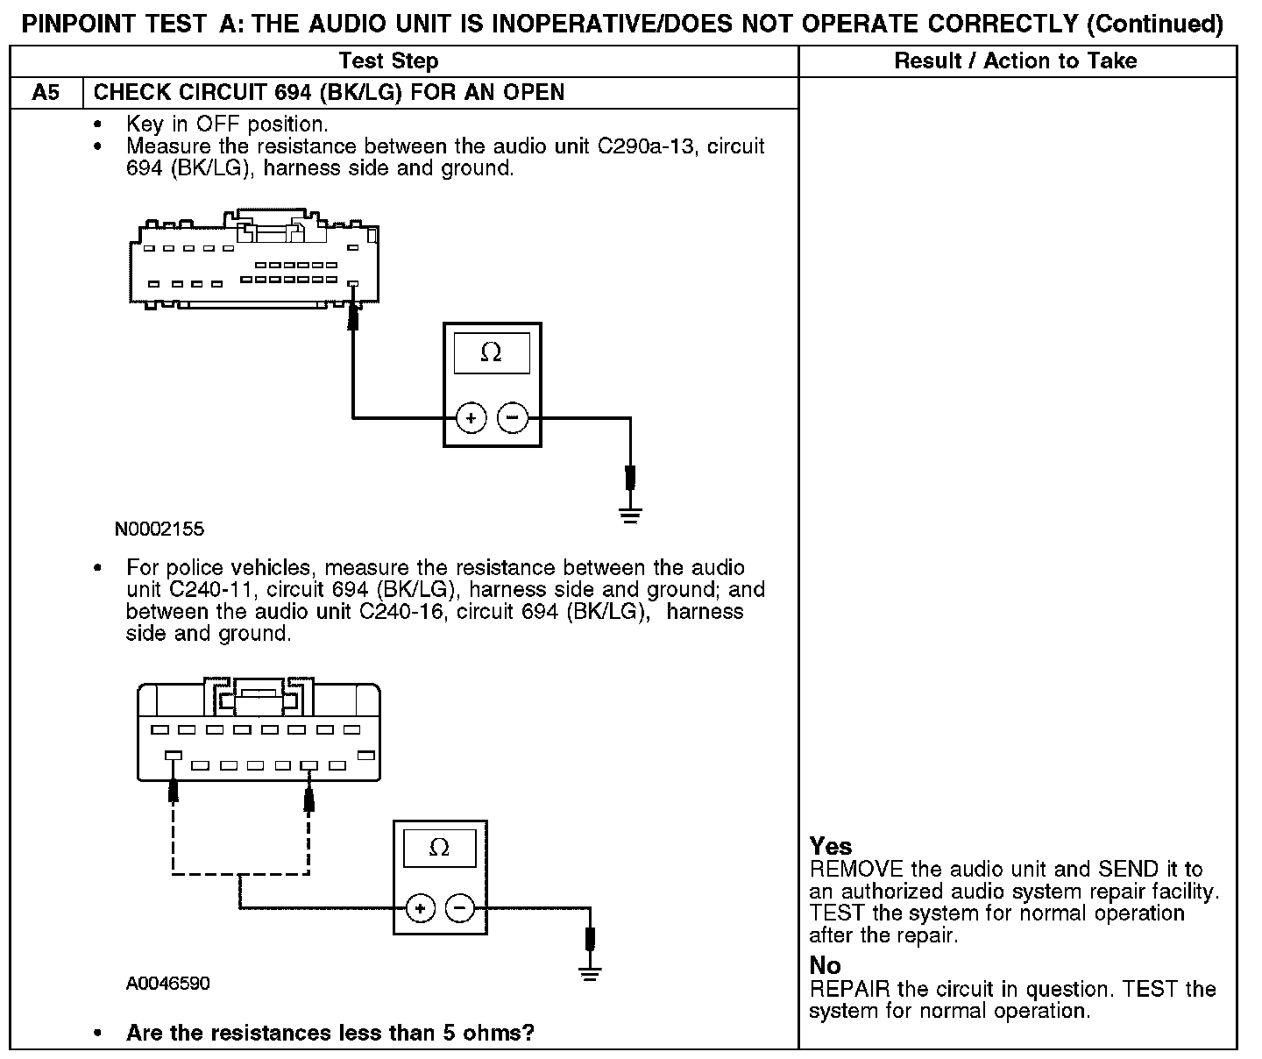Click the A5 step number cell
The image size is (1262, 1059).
[46, 93]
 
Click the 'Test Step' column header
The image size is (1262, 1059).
[388, 60]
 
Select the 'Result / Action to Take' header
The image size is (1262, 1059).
[1016, 60]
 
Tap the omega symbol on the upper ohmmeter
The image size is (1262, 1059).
[492, 353]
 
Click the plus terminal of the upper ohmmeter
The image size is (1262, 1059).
[471, 418]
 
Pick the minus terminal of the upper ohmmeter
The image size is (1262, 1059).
[513, 418]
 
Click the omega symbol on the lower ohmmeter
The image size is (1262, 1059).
[440, 848]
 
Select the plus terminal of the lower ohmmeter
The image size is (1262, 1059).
[421, 908]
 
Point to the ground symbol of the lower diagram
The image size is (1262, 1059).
[591, 972]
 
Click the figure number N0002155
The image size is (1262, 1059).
[160, 529]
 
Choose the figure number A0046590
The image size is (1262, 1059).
[168, 984]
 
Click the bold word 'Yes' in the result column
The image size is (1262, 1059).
[831, 846]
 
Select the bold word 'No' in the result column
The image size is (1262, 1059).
[826, 966]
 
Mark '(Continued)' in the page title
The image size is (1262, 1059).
[1154, 24]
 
